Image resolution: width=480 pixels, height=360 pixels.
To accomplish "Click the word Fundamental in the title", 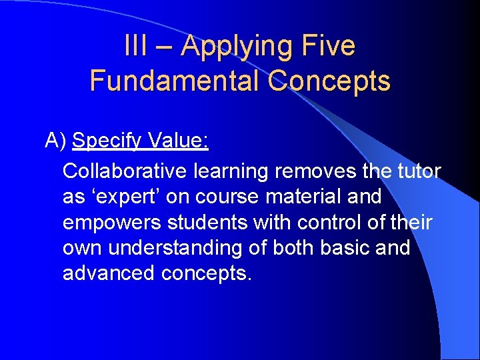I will point(175,81).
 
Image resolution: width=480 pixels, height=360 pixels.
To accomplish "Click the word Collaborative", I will point(125,171).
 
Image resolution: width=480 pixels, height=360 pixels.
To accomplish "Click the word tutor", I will point(418,171).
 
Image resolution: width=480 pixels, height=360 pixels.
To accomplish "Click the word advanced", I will point(109,273).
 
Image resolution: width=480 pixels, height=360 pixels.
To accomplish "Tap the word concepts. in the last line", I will point(207,273).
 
